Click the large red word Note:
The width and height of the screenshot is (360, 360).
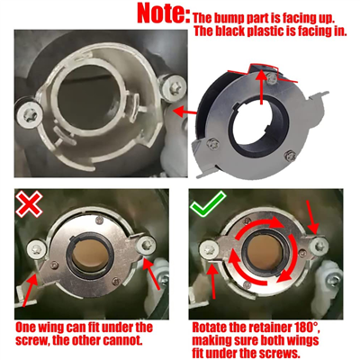pyautogui.click(x=164, y=13)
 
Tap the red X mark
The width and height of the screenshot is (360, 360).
pyautogui.click(x=29, y=204)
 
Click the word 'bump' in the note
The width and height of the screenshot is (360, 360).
pyautogui.click(x=229, y=18)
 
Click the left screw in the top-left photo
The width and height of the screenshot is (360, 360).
pyautogui.click(x=29, y=114)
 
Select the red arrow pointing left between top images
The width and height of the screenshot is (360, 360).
pyautogui.click(x=184, y=112)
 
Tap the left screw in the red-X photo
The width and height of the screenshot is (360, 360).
pyautogui.click(x=37, y=249)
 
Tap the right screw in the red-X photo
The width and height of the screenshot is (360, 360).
pyautogui.click(x=146, y=245)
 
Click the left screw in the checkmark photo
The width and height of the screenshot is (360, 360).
pyautogui.click(x=210, y=249)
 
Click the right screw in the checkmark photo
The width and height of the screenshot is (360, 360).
pyautogui.click(x=319, y=245)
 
